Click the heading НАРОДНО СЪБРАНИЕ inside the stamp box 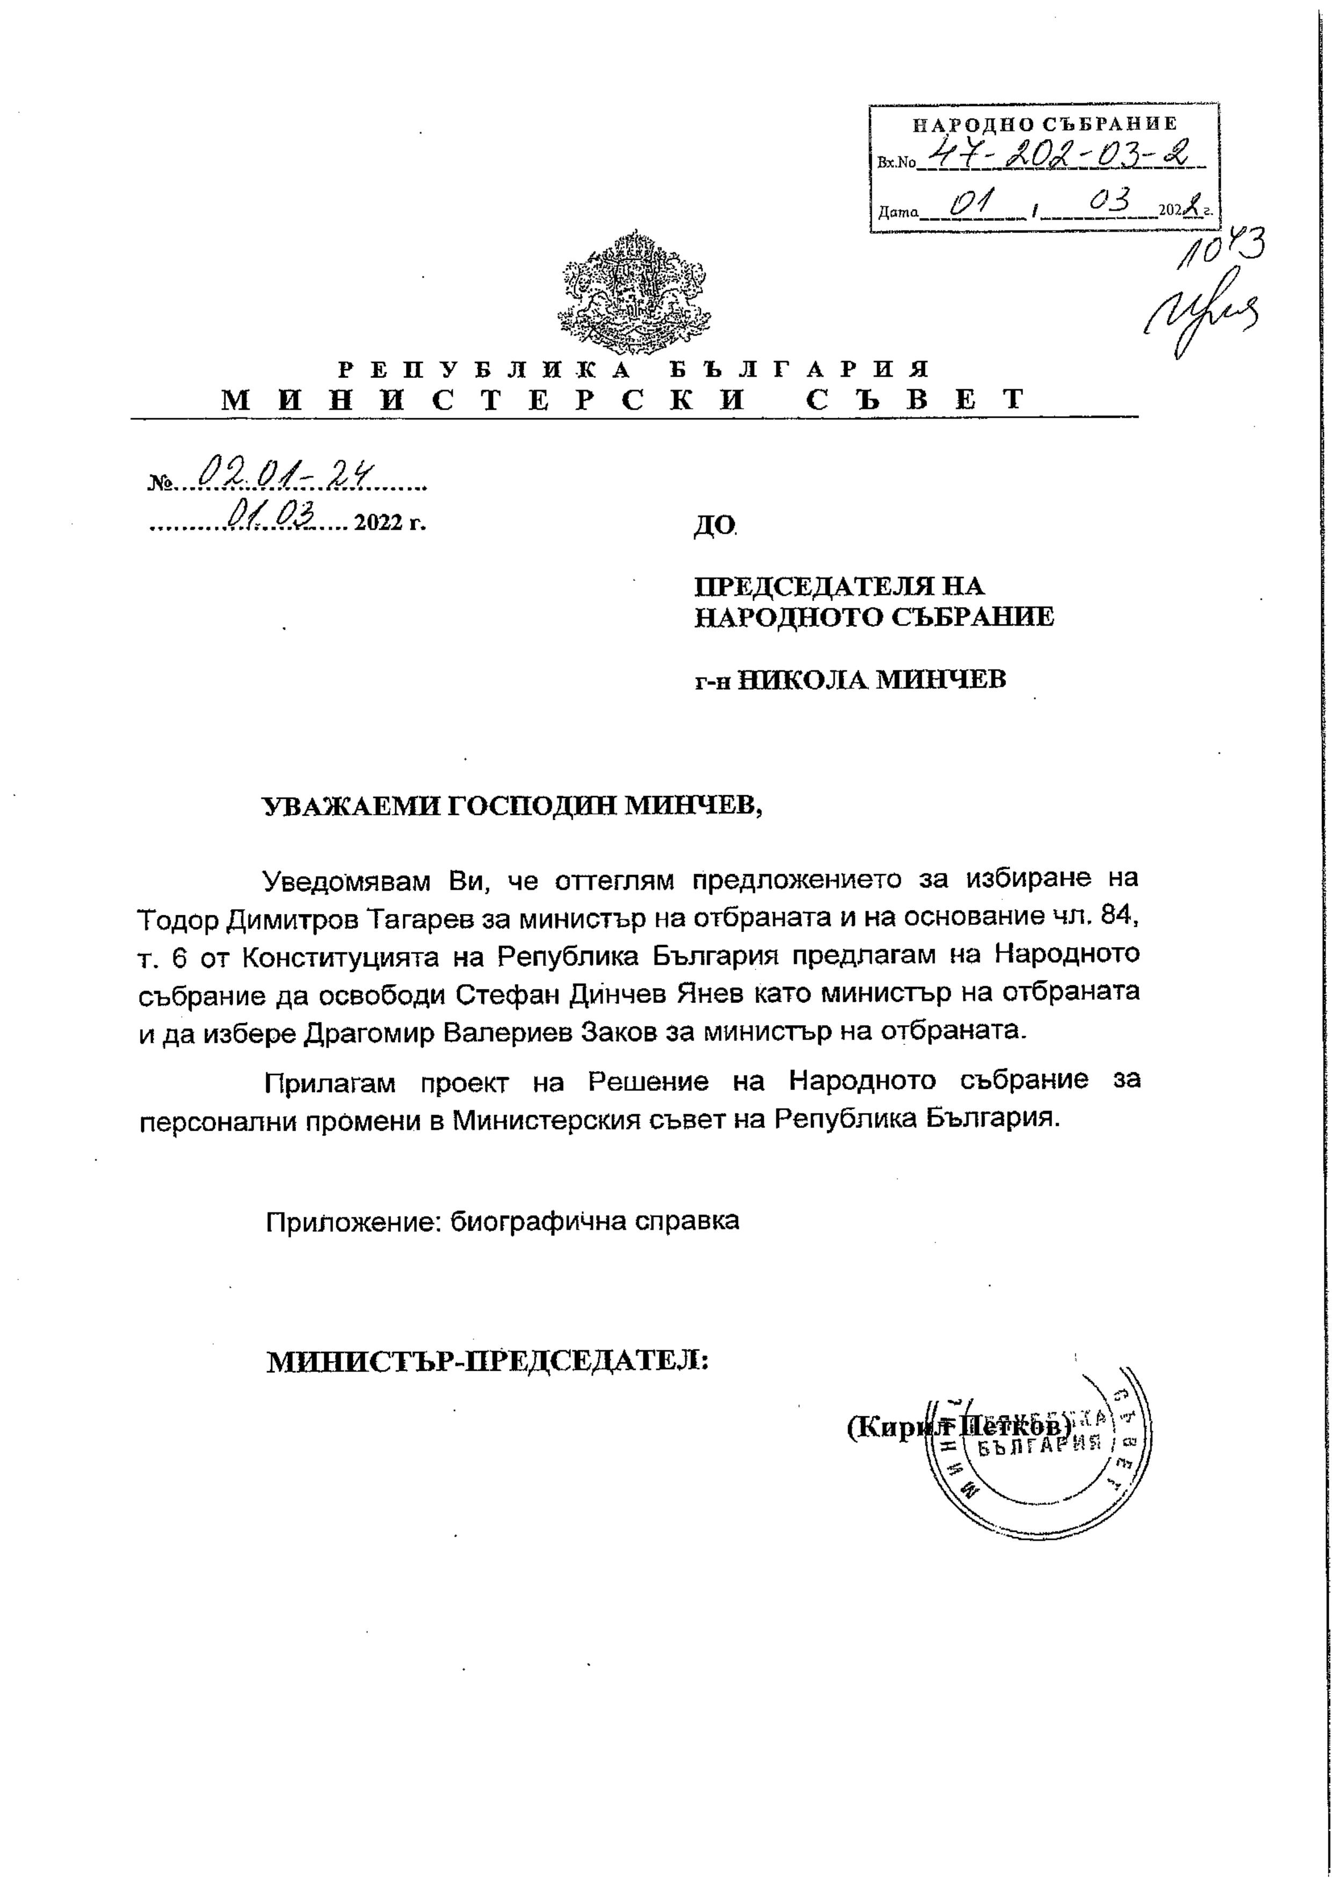1045,124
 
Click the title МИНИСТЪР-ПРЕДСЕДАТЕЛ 488,1362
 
